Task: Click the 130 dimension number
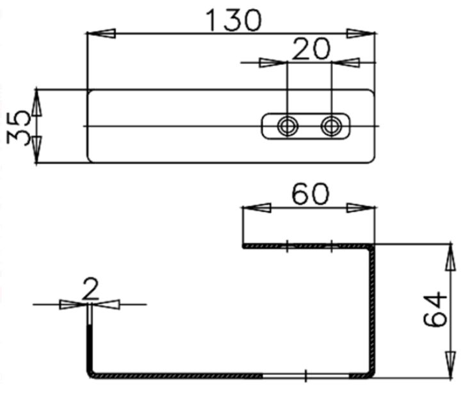pos(234,20)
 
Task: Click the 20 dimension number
pos(311,49)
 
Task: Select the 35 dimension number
pos(19,128)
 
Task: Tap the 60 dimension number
pos(310,194)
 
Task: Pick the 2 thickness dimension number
pos(90,289)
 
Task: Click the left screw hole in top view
pos(288,126)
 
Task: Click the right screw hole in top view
pos(331,126)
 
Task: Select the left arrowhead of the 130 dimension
pos(101,33)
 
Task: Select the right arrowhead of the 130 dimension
pos(361,33)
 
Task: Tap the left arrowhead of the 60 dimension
pos(256,208)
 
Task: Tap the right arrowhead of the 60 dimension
pos(361,208)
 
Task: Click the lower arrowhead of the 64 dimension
pos(450,364)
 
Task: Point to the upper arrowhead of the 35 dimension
pos(37,103)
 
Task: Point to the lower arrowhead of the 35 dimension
pos(37,149)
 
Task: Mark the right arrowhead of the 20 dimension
pos(345,63)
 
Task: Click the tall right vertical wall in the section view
pos(372,311)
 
